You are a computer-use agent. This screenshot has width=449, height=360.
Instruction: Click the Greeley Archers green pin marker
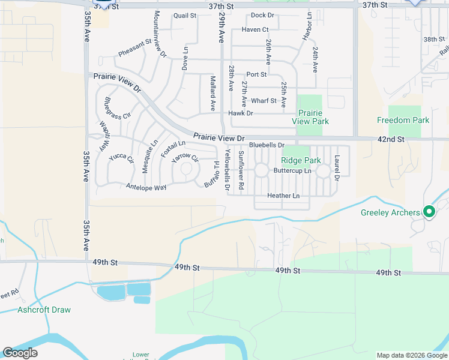(429, 211)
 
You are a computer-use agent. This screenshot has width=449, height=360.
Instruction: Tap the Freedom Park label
(403, 120)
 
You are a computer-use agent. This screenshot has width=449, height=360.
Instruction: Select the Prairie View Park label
(310, 117)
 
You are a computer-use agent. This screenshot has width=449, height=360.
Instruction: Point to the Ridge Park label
(301, 160)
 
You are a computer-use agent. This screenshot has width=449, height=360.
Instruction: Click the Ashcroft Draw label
(44, 310)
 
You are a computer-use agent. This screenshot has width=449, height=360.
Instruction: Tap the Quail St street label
(185, 16)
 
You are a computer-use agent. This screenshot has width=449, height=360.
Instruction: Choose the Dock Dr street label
(262, 15)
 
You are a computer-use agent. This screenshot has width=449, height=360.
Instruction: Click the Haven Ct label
(255, 29)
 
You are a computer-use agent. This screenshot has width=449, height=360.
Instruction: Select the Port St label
(256, 74)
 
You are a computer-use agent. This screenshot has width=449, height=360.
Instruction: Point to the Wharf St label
(264, 101)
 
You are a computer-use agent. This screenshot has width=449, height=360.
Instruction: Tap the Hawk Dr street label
(241, 113)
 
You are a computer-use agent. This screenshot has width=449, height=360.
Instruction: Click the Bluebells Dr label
(267, 145)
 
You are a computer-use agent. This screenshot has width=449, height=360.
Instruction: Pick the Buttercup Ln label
(292, 171)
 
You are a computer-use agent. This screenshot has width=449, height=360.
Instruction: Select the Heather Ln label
(283, 196)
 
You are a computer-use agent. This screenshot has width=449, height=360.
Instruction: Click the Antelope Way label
(146, 188)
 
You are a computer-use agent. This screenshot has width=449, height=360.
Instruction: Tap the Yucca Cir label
(121, 158)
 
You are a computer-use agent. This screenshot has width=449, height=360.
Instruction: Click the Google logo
(20, 353)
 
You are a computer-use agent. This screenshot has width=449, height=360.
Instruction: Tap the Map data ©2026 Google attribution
(411, 355)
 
